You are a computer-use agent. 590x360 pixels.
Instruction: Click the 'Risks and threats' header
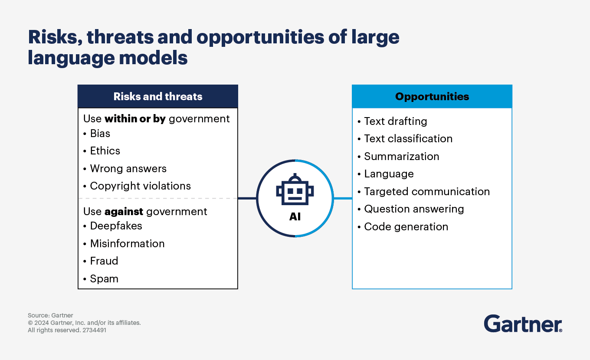pyautogui.click(x=158, y=96)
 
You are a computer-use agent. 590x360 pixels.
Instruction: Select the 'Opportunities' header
pyautogui.click(x=432, y=96)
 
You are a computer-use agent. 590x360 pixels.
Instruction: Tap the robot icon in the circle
pyautogui.click(x=295, y=190)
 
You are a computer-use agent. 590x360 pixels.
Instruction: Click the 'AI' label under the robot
pyautogui.click(x=295, y=216)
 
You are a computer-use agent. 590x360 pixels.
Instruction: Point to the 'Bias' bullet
pyautogui.click(x=100, y=134)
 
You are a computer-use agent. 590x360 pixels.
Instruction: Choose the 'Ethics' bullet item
pyautogui.click(x=105, y=151)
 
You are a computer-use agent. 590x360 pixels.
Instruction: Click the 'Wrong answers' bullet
pyautogui.click(x=128, y=168)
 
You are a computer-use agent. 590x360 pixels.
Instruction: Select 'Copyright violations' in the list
pyautogui.click(x=140, y=186)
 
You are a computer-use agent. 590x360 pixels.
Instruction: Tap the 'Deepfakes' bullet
pyautogui.click(x=116, y=226)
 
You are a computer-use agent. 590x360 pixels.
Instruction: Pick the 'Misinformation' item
pyautogui.click(x=127, y=244)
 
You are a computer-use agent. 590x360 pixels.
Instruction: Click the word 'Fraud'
pyautogui.click(x=104, y=261)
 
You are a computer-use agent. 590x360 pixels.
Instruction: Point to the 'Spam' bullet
pyautogui.click(x=104, y=279)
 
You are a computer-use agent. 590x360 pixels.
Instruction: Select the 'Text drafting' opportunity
pyautogui.click(x=395, y=121)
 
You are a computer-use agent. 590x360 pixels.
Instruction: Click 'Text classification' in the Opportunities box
pyautogui.click(x=408, y=139)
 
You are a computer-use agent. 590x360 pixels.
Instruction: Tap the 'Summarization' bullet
pyautogui.click(x=401, y=157)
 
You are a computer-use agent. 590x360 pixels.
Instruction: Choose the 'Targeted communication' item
pyautogui.click(x=426, y=192)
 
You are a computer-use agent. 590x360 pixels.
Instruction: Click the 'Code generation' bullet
pyautogui.click(x=406, y=227)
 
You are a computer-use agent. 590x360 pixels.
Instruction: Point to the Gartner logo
pyautogui.click(x=523, y=324)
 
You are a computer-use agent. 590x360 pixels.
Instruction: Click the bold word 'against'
pyautogui.click(x=124, y=212)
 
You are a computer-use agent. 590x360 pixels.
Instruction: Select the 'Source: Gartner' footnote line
pyautogui.click(x=50, y=315)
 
